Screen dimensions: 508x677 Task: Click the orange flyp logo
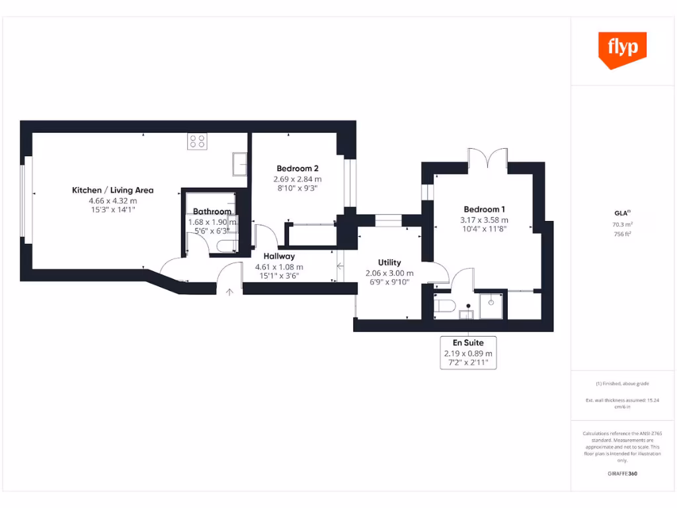[x=621, y=49]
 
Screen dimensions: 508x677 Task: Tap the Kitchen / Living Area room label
[x=112, y=190]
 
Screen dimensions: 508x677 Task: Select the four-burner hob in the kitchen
[x=197, y=141]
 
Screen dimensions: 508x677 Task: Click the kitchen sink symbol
[x=239, y=164]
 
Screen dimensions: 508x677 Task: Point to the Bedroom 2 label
[x=298, y=168]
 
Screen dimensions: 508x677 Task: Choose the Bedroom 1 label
[x=484, y=210]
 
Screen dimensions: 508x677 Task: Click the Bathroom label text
[x=212, y=212]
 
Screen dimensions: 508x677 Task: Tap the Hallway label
[x=279, y=256]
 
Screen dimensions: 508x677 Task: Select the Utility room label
[x=389, y=263]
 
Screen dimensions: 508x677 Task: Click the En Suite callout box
[x=468, y=353]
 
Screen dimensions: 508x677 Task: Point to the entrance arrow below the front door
[x=229, y=291]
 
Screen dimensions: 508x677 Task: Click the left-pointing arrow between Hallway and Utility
[x=340, y=267]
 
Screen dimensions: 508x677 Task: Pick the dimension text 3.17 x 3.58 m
[x=484, y=220]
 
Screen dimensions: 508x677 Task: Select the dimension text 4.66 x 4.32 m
[x=112, y=200]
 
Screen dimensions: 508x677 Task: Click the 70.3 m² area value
[x=621, y=224]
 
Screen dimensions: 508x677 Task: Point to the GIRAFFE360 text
[x=621, y=474]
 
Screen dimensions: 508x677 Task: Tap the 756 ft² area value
[x=621, y=233]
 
